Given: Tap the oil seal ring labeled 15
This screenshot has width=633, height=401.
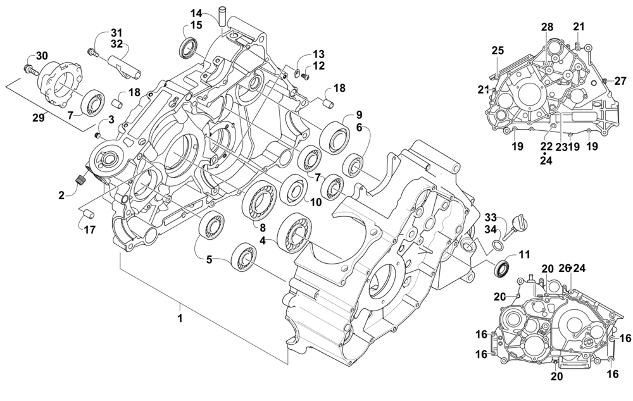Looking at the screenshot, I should pyautogui.click(x=188, y=47).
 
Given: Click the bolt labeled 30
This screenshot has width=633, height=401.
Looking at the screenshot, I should pyautogui.click(x=29, y=66).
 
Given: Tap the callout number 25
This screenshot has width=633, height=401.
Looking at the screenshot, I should pyautogui.click(x=498, y=51).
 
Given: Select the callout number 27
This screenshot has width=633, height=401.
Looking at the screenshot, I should pyautogui.click(x=620, y=80).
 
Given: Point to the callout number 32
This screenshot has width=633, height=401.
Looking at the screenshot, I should pyautogui.click(x=116, y=44).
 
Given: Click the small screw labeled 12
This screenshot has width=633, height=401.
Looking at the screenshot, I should pyautogui.click(x=304, y=77).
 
